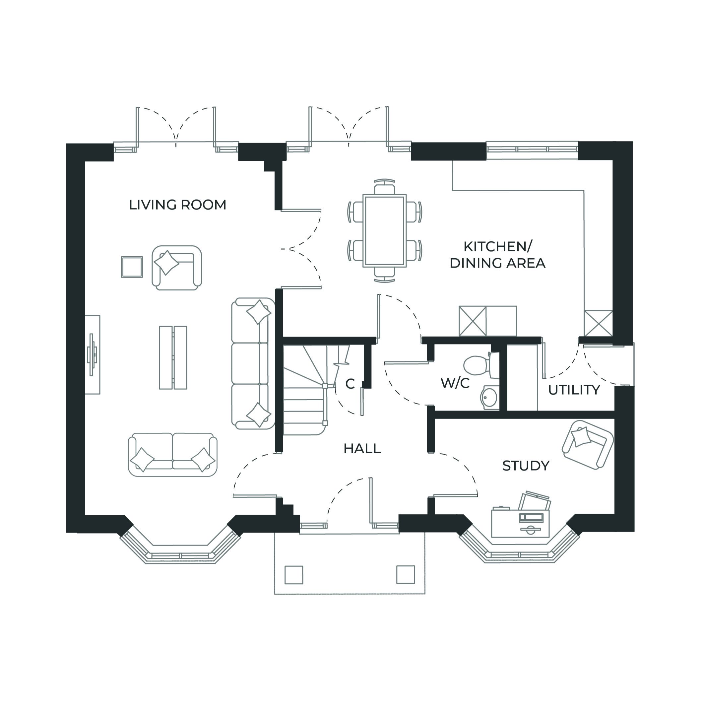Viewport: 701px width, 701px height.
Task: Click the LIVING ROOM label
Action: [x=177, y=205]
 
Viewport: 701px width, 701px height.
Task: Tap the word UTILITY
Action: [x=574, y=390]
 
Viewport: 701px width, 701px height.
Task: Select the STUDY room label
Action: [x=525, y=466]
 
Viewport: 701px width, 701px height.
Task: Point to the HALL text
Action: [x=362, y=449]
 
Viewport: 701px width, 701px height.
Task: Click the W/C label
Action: [x=455, y=383]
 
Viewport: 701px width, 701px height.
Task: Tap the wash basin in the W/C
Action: [x=490, y=397]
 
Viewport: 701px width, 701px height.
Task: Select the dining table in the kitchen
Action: [x=385, y=231]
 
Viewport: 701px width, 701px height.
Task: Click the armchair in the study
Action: [x=587, y=444]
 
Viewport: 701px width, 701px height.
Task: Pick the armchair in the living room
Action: [x=176, y=267]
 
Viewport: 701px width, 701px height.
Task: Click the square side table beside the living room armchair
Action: [x=132, y=267]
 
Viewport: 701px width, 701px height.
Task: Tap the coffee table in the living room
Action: [x=173, y=357]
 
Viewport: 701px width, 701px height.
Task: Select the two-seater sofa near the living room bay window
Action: [x=173, y=454]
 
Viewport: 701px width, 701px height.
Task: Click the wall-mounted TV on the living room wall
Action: [x=92, y=354]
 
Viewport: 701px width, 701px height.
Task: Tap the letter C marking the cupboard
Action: [x=350, y=384]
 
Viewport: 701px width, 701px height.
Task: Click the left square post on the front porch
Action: [x=293, y=575]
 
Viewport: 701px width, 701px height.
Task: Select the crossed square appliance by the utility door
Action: [x=598, y=323]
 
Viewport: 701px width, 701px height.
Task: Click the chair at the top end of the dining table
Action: [x=385, y=188]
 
